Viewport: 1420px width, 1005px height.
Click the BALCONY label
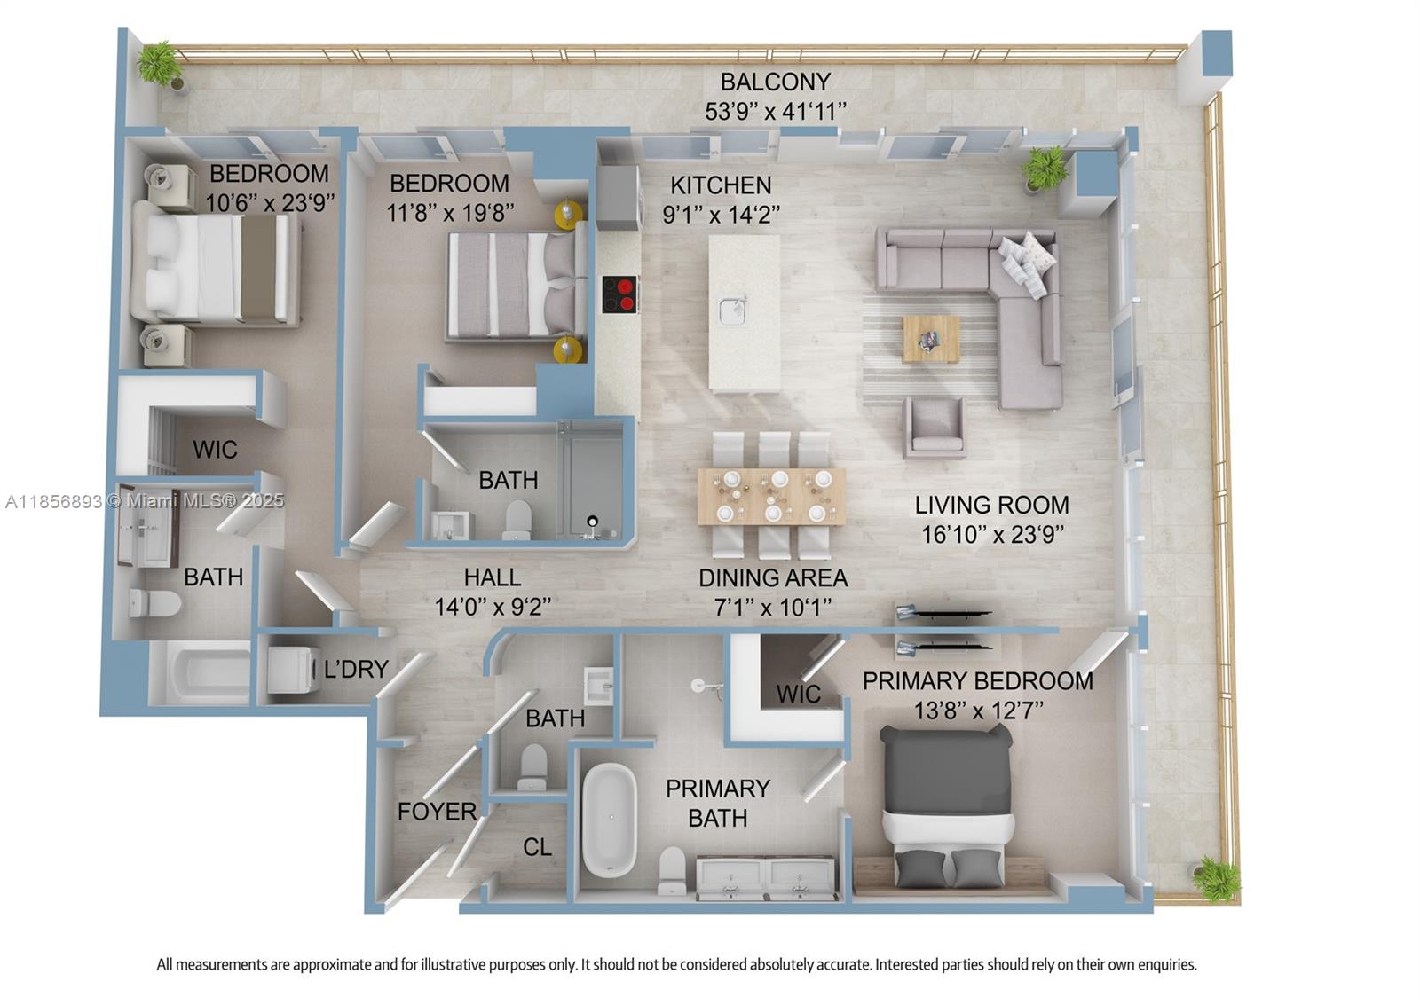pos(775,82)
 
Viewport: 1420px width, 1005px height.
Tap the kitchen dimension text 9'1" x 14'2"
pos(721,215)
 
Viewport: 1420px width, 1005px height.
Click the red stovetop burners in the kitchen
pos(620,294)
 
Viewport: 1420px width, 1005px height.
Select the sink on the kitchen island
pos(733,311)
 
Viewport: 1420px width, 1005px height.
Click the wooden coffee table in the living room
pos(931,339)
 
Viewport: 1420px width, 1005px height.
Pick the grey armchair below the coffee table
pos(934,427)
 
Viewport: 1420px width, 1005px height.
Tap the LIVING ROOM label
pos(991,505)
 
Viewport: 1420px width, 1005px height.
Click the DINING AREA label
pos(773,577)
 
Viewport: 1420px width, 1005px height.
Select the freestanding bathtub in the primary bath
pos(610,821)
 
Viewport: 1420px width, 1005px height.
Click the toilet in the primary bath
pos(672,870)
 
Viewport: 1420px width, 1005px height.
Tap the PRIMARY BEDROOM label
pos(977,681)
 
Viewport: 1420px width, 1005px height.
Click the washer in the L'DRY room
pos(293,669)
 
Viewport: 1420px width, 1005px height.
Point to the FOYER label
pos(437,811)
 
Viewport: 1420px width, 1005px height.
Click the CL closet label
pos(537,847)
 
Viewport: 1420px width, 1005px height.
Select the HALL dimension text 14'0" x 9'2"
pos(493,607)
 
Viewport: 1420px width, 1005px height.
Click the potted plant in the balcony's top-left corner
pos(160,64)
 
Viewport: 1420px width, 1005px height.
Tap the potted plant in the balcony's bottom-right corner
pos(1216,878)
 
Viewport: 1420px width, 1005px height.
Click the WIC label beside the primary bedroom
pos(798,694)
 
